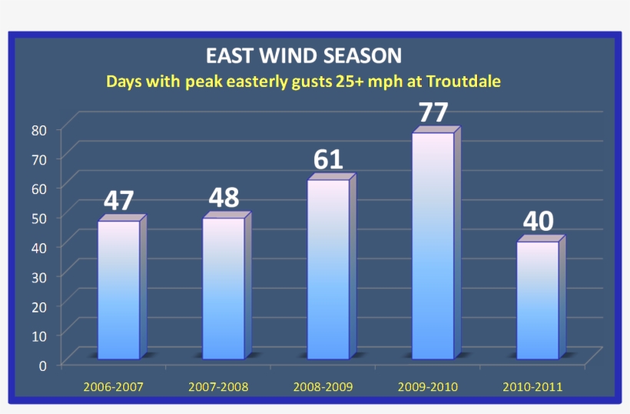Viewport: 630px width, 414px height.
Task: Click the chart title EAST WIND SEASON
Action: pos(303,56)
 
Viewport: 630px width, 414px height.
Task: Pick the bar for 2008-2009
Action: pos(328,269)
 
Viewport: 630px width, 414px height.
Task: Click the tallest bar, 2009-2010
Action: pos(433,246)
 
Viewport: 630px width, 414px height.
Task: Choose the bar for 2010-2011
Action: pos(537,300)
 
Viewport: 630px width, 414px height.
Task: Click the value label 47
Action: pos(119,200)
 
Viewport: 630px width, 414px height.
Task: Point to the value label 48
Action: pos(224,198)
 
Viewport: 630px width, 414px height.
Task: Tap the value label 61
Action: pos(328,159)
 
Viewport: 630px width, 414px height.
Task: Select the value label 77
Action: pos(433,112)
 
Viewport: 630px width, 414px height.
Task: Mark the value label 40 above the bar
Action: pos(538,222)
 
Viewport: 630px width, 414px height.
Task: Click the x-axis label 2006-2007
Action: pos(114,386)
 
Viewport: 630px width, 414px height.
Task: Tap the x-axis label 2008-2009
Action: pos(323,386)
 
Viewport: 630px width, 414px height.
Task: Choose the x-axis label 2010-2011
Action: pos(532,386)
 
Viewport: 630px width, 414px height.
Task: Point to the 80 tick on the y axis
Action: pos(39,129)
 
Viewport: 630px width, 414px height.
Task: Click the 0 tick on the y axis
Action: pos(44,365)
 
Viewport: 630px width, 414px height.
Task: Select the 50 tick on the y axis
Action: pos(39,218)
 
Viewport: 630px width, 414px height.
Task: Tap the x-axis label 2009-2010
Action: pos(427,386)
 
